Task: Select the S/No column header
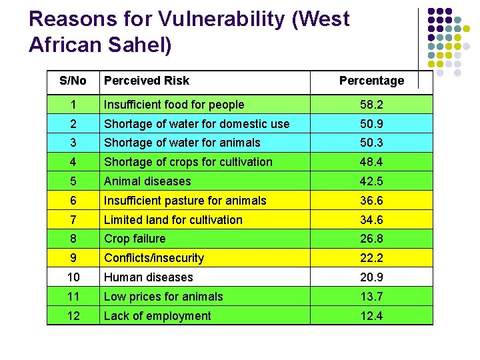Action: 73,81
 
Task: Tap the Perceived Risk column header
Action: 146,81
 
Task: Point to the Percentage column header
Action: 371,81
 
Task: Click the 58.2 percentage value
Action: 371,105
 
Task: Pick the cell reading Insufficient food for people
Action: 173,105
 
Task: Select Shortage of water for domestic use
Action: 196,124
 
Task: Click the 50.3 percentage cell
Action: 371,143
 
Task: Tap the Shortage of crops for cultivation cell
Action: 187,162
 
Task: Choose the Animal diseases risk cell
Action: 147,181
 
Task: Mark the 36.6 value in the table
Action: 371,201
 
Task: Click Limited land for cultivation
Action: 173,220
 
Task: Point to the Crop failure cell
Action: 134,239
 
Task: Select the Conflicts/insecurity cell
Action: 153,258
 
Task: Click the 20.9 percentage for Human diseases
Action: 371,277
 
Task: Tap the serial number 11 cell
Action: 73,297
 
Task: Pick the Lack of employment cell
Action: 157,316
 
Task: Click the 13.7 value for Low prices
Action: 371,297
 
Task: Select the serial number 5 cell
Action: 73,181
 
